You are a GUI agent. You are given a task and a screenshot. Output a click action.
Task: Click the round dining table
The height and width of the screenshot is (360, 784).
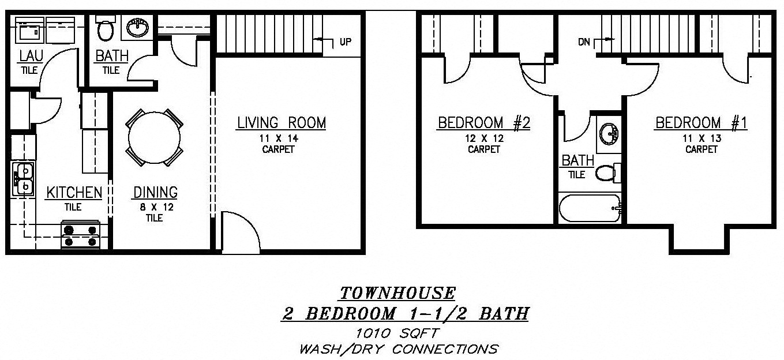(155, 137)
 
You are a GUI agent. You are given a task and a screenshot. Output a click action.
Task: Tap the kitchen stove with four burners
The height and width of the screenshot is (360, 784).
(81, 235)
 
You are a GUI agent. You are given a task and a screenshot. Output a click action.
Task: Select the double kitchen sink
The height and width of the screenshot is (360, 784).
(24, 179)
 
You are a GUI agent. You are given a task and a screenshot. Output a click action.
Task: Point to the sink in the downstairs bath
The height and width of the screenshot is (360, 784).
(137, 27)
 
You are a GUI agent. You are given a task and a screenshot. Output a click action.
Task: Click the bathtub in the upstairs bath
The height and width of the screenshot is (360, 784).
(590, 208)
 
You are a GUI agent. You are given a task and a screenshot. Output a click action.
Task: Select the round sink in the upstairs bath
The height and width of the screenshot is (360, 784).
(609, 134)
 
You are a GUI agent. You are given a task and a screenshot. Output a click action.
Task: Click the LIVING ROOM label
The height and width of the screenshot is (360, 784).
(282, 123)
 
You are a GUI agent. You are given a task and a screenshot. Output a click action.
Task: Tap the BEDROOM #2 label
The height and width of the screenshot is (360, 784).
(484, 123)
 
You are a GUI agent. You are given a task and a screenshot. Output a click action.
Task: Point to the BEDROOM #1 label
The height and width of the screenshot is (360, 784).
(701, 123)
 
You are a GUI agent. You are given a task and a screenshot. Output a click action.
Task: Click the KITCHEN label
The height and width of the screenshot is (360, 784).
(74, 193)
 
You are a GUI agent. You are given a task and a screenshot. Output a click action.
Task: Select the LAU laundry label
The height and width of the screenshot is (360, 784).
(31, 55)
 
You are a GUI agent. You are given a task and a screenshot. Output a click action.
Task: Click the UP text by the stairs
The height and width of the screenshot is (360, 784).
(346, 42)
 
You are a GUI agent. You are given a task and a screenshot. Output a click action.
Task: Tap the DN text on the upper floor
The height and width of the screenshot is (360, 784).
(584, 42)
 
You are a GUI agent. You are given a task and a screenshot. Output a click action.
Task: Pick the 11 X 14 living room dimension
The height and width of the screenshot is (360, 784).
(279, 138)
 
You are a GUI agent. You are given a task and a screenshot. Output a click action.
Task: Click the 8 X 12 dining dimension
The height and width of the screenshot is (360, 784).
(157, 207)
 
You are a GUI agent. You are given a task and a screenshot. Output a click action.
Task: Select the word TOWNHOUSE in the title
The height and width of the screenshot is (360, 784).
(398, 293)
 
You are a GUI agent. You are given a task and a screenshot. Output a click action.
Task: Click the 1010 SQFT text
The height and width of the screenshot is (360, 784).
(397, 333)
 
